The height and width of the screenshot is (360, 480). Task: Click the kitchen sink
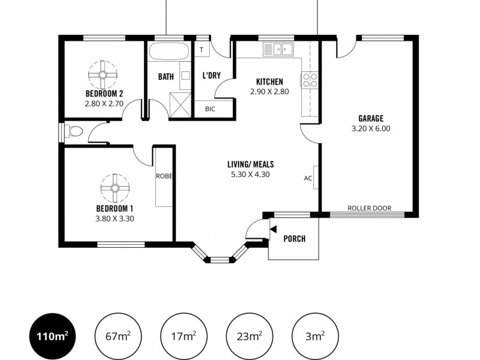tap(278, 50)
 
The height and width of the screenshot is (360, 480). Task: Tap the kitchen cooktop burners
tap(310, 80)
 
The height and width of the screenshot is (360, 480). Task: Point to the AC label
tap(308, 178)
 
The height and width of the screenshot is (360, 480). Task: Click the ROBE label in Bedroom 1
tap(164, 176)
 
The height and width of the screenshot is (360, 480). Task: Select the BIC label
tap(210, 109)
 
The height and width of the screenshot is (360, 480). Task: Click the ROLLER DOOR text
tap(369, 208)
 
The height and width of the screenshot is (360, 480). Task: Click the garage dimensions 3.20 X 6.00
tap(371, 128)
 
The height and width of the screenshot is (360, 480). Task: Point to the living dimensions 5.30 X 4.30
tap(250, 175)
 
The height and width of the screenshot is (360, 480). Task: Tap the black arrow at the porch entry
tap(273, 229)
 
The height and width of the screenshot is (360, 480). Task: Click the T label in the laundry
tap(202, 50)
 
